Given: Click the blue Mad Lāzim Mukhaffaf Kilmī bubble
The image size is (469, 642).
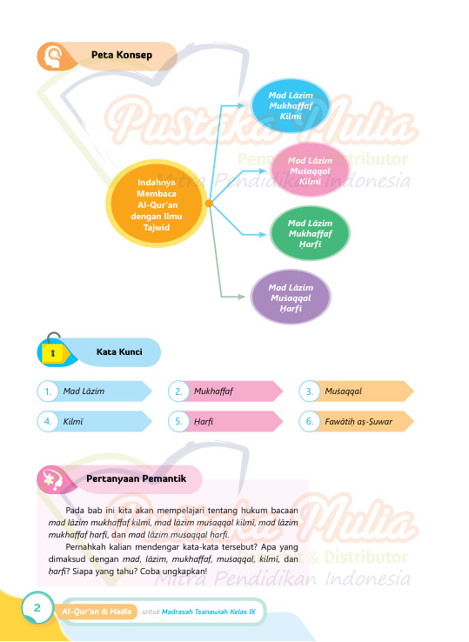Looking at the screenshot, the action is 291,105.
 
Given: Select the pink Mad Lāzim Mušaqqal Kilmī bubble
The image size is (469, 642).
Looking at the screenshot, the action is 310,171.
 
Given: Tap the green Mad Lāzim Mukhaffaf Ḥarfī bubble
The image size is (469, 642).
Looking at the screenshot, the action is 310,233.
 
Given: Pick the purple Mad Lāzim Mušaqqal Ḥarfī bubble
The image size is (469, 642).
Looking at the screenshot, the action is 291,298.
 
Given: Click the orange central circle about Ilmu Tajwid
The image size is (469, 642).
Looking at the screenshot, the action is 156,204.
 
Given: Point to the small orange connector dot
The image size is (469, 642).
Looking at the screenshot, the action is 209,203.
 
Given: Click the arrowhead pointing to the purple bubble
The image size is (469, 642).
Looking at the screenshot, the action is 241,297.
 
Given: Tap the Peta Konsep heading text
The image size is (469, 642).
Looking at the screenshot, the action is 122,55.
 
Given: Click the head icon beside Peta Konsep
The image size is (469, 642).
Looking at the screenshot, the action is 52,56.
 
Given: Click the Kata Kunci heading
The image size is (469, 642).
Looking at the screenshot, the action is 119,351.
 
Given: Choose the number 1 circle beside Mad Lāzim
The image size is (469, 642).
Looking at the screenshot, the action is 48,391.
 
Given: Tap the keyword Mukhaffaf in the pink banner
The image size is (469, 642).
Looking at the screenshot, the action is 213,391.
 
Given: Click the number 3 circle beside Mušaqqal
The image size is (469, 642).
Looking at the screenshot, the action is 309,391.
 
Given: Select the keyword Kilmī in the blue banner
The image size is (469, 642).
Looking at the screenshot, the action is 73,421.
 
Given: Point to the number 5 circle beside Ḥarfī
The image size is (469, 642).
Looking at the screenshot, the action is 178,421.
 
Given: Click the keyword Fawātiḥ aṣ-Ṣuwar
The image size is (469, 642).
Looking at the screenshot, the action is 358,422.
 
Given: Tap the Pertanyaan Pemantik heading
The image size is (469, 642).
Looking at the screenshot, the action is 136,478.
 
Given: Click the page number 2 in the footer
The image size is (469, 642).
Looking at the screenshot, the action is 37,607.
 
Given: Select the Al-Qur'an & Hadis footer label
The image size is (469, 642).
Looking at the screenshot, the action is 97,612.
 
